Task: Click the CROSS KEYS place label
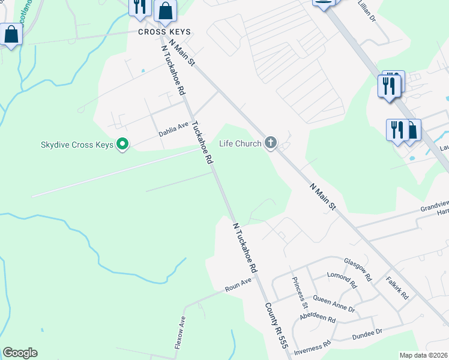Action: pyautogui.click(x=164, y=32)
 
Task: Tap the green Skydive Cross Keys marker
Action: pyautogui.click(x=123, y=144)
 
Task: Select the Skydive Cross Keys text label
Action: pyautogui.click(x=77, y=145)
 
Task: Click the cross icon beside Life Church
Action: pyautogui.click(x=271, y=143)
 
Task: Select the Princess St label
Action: pyautogui.click(x=299, y=289)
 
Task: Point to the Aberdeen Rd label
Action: pyautogui.click(x=318, y=318)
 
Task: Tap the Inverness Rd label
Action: pyautogui.click(x=313, y=347)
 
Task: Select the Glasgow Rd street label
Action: pyautogui.click(x=358, y=269)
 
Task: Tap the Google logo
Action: pyautogui.click(x=20, y=353)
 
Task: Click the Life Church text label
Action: pyautogui.click(x=240, y=143)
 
